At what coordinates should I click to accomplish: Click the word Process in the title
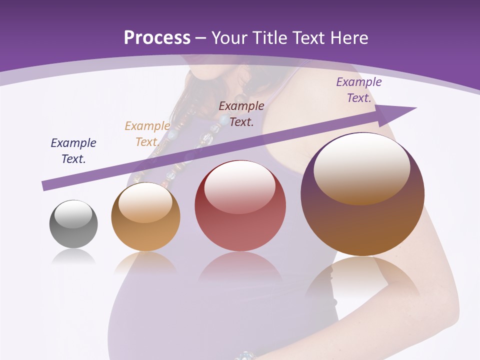(157, 38)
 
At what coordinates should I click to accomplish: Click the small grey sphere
(73, 224)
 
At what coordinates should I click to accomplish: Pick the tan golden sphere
(145, 217)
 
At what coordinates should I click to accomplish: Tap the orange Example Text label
(147, 134)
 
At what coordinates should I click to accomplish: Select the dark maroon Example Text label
(241, 113)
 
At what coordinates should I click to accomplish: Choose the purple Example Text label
(358, 90)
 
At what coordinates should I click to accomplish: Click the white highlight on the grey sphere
(73, 214)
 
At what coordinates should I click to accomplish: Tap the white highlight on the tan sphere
(145, 202)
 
